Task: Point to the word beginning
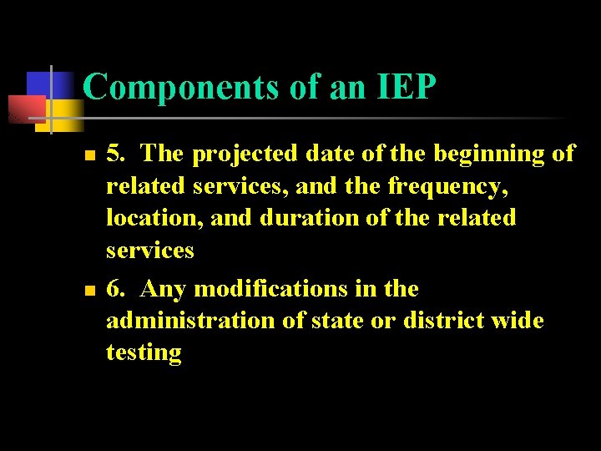click(474, 155)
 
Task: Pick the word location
click(154, 218)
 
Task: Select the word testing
click(144, 352)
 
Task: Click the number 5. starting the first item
click(117, 155)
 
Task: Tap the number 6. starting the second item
click(117, 289)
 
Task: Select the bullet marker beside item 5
click(89, 155)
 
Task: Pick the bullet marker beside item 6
click(89, 290)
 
